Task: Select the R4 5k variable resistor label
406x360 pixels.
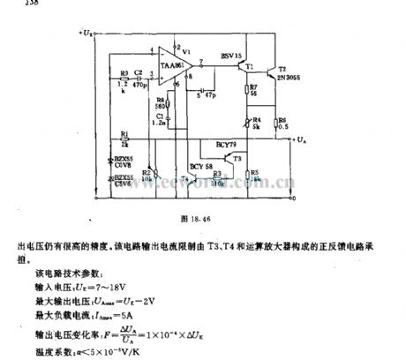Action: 256,121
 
